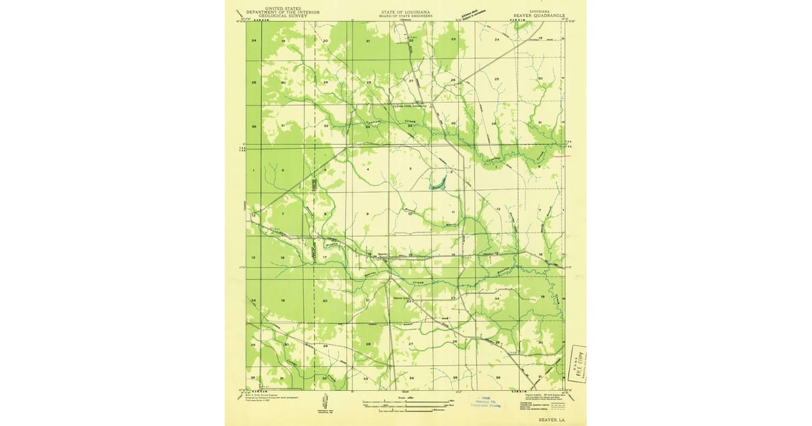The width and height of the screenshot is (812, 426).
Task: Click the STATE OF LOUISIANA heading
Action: pyautogui.click(x=405, y=12)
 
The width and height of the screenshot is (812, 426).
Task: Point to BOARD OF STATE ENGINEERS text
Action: pyautogui.click(x=405, y=16)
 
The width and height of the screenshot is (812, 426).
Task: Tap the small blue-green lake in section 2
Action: pyautogui.click(x=438, y=182)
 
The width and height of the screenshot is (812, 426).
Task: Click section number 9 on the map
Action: pyautogui.click(x=367, y=214)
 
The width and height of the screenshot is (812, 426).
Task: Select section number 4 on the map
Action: pyautogui.click(x=367, y=169)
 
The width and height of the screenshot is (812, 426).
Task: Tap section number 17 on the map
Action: pyautogui.click(x=325, y=258)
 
